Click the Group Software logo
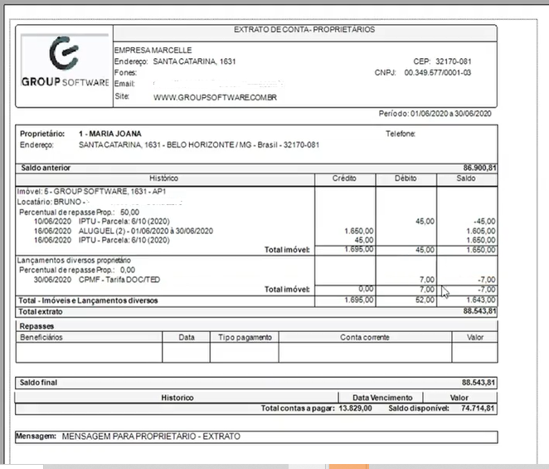64,65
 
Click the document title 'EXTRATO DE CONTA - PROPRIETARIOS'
304,30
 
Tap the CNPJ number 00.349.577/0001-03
437,73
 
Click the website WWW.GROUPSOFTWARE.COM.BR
215,97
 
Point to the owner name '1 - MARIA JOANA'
109,133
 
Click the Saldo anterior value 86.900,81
479,168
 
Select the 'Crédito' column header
344,178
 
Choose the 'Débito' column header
406,178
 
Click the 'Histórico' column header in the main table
164,178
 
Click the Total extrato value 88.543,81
479,311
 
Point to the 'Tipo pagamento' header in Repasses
244,338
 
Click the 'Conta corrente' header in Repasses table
365,338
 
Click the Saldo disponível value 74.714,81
479,409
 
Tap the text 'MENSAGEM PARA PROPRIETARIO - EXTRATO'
156,436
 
